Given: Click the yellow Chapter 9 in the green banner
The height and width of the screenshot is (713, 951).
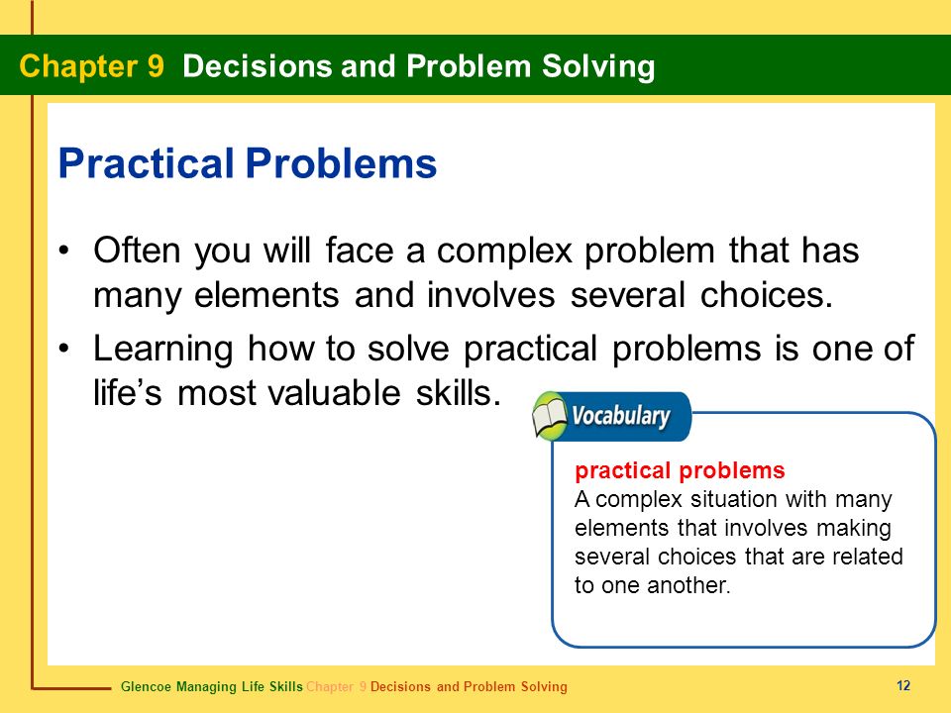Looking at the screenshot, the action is [91, 66].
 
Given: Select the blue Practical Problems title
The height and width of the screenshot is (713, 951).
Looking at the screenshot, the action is [248, 163].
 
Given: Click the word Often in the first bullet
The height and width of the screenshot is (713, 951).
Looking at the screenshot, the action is [137, 250].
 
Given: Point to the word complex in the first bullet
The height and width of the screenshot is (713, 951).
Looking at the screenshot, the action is [504, 252].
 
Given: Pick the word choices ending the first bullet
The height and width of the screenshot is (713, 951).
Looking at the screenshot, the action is [767, 295].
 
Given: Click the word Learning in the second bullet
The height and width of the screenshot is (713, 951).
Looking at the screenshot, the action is [162, 350].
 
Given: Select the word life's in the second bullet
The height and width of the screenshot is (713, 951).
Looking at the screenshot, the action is [128, 393].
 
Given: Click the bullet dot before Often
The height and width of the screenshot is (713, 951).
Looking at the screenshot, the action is [64, 251].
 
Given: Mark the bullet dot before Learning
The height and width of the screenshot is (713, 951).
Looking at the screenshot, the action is [64, 350].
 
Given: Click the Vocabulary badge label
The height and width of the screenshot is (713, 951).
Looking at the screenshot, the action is [620, 416].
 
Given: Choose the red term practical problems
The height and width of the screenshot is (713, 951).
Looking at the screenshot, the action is [680, 470].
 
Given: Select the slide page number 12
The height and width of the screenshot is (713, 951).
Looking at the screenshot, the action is [903, 685].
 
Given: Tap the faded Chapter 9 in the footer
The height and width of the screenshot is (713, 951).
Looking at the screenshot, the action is [337, 687].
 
